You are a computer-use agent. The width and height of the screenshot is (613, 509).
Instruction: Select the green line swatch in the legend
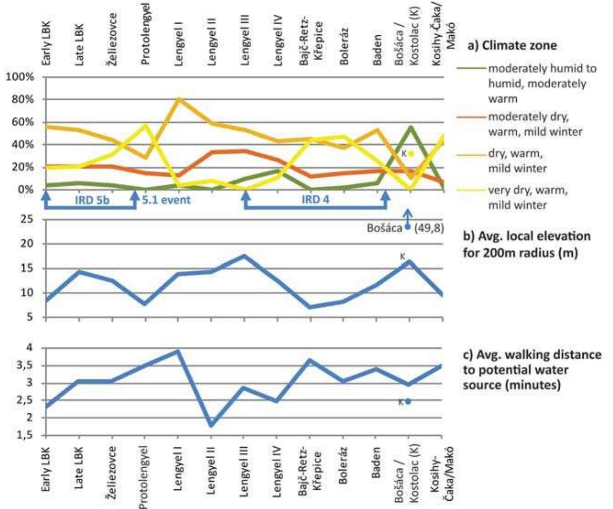(471, 69)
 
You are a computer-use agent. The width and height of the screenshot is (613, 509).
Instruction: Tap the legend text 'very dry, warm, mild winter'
(527, 197)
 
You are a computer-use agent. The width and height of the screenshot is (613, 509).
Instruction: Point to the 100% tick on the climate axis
(21, 77)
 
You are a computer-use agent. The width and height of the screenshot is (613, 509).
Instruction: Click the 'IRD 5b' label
(92, 200)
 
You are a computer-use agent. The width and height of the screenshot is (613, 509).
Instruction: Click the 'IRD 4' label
(315, 200)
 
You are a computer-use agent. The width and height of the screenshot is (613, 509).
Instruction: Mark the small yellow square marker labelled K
(411, 153)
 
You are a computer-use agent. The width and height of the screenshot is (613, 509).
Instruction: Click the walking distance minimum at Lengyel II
(211, 425)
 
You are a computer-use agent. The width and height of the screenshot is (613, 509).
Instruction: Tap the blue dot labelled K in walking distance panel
(408, 401)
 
